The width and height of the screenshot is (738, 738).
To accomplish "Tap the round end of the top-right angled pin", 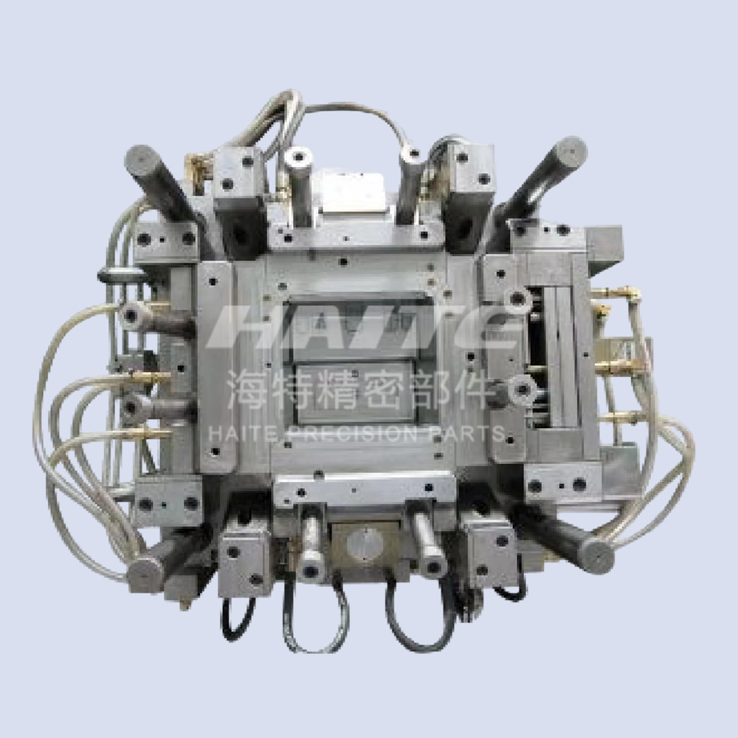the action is (x=570, y=151).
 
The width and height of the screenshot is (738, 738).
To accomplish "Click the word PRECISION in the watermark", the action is (x=351, y=433).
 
